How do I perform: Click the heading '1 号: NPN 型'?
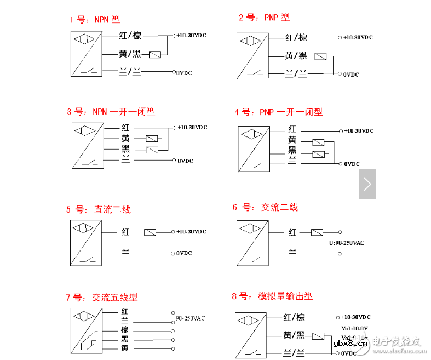(x=94, y=20)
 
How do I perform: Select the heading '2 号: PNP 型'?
(x=264, y=18)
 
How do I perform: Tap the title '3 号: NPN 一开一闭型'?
(x=111, y=112)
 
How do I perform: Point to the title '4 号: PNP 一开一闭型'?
(x=279, y=112)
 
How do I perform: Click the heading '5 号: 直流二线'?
(x=99, y=209)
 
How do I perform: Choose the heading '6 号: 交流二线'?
(x=265, y=207)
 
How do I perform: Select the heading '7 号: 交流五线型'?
(x=102, y=298)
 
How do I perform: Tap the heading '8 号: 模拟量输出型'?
(x=272, y=296)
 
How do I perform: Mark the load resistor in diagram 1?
(x=155, y=54)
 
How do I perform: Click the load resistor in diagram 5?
(x=150, y=232)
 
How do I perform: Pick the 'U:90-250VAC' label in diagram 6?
(x=346, y=243)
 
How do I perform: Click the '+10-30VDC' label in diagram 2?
(x=358, y=38)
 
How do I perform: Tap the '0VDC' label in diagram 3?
(x=185, y=161)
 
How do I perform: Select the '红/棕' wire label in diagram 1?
(x=130, y=36)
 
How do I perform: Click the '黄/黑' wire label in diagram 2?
(x=296, y=56)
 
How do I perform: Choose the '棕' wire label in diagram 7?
(x=125, y=330)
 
